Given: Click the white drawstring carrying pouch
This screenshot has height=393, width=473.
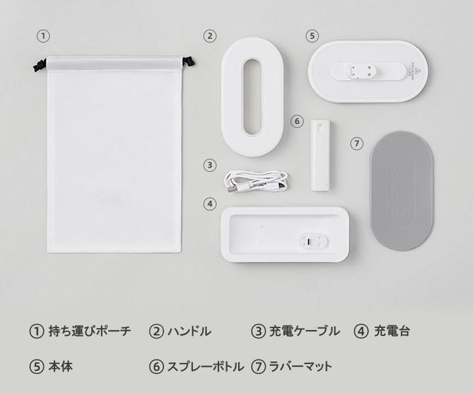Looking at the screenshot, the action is pos(115,154).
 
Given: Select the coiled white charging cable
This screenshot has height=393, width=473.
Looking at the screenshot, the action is pos(256,181).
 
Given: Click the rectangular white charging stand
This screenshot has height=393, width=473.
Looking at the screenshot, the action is pos(285,234).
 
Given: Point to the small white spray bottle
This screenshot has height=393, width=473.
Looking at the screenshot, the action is pos(320,155).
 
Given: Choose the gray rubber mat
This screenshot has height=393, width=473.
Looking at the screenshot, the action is pos(401,192).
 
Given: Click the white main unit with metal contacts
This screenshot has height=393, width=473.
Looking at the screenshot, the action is pos(368,72).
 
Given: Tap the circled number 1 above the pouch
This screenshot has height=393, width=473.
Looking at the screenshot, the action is pos(43,36).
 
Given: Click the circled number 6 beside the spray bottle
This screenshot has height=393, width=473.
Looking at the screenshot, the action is pos(297,121).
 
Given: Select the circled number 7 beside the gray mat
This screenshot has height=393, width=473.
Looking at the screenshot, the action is pos(357,143).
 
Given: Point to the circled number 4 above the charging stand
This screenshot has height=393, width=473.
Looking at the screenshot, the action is pos(210,204).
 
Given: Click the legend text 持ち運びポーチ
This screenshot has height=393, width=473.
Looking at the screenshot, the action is pos(90,331).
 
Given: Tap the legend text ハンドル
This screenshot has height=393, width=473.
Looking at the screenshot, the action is pos(190,331).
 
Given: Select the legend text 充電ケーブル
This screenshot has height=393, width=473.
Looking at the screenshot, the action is pos(304,331).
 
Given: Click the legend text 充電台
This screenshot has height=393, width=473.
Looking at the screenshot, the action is pos(392,331).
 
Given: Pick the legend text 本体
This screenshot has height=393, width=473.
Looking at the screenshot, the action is pos(60,367).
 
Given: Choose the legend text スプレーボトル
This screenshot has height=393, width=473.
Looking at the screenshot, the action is pos(206,367).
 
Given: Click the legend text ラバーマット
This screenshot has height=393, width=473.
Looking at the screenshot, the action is pos(300,367).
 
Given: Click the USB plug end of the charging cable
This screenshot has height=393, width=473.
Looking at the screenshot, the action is pos(232,188).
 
